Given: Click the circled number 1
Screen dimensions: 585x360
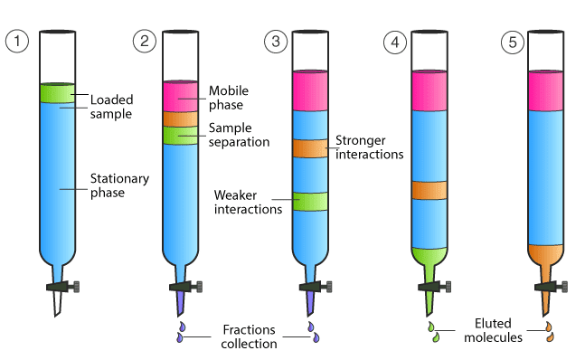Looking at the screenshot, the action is click(17, 41).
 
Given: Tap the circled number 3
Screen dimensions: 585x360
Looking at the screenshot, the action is click(276, 41).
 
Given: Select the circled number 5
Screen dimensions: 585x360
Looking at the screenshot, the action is click(513, 43).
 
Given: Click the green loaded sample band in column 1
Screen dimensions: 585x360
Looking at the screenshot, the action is click(58, 93).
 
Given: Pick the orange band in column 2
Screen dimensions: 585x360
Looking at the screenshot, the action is click(181, 119).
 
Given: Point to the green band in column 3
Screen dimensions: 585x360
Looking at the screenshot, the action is click(310, 202).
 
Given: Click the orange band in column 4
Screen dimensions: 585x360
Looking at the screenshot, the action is click(429, 190).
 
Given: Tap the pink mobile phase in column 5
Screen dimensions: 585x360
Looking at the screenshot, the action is click(546, 90).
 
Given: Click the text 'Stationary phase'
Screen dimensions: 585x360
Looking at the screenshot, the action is click(119, 185).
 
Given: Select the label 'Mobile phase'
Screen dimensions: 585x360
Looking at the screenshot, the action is click(229, 98).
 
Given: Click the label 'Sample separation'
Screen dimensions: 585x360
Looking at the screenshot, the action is click(239, 135).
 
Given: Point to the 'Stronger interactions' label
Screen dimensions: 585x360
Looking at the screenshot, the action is click(370, 147).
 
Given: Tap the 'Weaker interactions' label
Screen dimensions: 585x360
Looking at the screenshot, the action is click(248, 203).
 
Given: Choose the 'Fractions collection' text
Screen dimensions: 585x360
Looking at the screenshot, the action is click(249, 336).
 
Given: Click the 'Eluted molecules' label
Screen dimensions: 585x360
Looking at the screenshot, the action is click(493, 330).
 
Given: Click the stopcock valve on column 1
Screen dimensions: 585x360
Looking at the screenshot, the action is click(62, 287).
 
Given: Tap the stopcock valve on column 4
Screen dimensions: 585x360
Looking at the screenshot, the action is click(434, 287).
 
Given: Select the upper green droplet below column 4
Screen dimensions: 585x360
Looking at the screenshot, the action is click(431, 327).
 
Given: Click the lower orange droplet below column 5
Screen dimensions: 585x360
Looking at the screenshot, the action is click(550, 337).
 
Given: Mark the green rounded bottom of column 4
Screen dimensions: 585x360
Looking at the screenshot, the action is click(429, 256).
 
